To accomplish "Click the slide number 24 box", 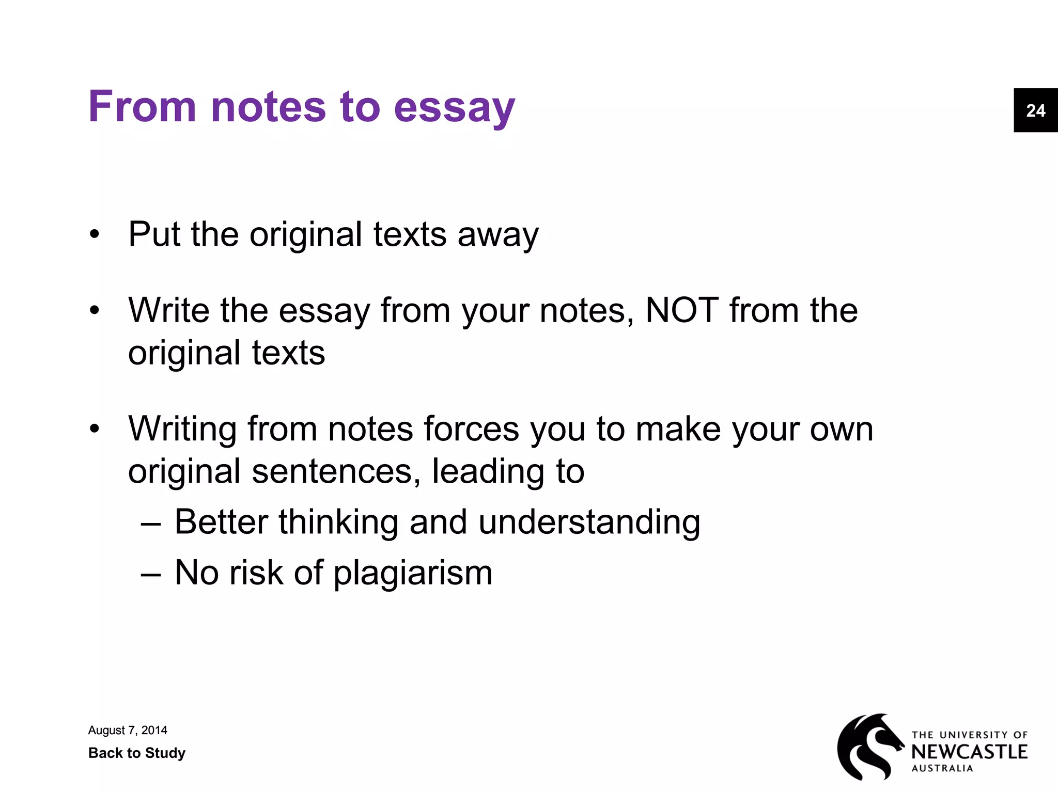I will tap(1035, 110).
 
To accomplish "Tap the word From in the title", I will tap(143, 106).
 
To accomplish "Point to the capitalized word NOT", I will tap(681, 310).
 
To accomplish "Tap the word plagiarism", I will tap(413, 573).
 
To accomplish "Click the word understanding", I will tap(589, 522).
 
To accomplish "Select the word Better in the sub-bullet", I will tap(221, 522).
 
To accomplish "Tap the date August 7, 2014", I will tap(128, 730).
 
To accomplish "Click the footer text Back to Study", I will tap(137, 753).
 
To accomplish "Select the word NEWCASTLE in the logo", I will tap(969, 752).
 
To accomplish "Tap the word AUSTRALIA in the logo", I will tap(942, 768).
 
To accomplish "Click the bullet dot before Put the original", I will tap(94, 235).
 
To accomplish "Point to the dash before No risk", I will tap(150, 573).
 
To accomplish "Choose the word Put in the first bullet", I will tap(154, 235).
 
